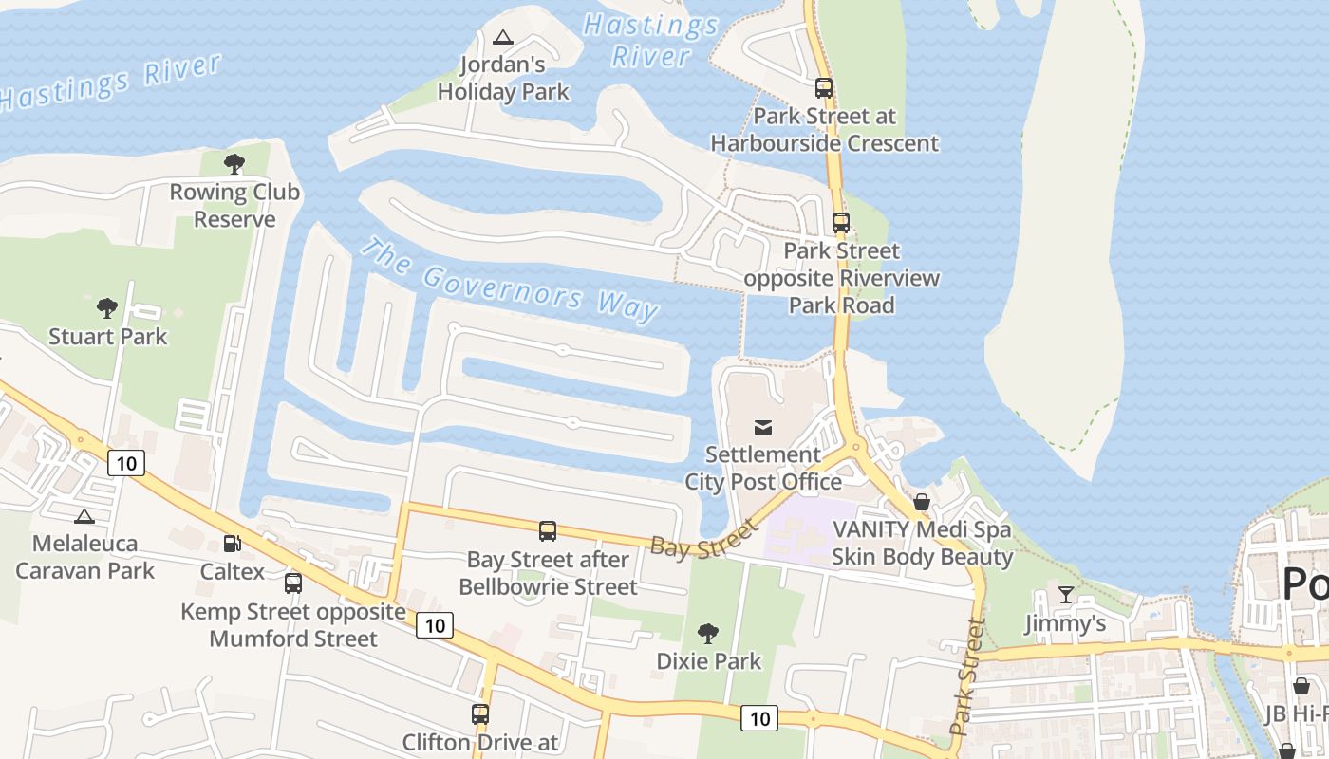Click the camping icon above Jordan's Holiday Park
point(503,38)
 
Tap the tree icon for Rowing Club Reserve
point(234,164)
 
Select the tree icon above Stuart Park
point(107,308)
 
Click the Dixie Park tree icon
point(708,634)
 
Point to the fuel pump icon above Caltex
point(232,544)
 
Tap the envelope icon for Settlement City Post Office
point(763,427)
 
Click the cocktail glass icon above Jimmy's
point(1065,595)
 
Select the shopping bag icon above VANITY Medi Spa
point(921,502)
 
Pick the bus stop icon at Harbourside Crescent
point(824,88)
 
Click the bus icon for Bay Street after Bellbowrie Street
point(548,531)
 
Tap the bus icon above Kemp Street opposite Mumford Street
point(293,583)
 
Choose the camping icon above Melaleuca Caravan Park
point(84,516)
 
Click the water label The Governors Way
point(510,280)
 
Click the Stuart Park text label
point(107,337)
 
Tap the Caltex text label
point(233,571)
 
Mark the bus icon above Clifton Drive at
point(480,714)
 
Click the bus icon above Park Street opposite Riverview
point(841,223)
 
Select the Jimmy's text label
point(1065,623)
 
